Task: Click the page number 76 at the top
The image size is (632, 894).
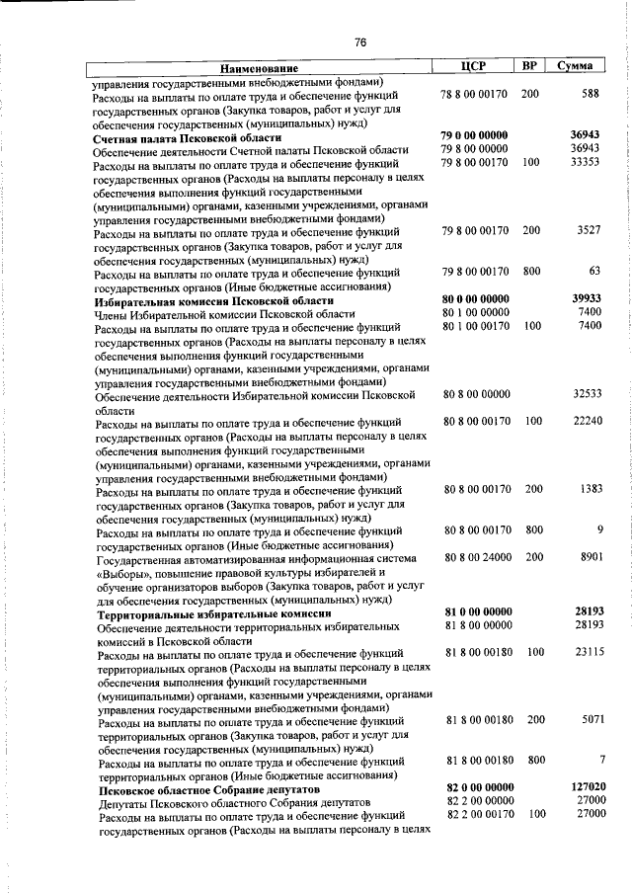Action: [360, 41]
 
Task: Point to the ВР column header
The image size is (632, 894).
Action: [530, 65]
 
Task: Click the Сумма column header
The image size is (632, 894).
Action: [575, 65]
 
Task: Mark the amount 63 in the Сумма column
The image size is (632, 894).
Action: [593, 271]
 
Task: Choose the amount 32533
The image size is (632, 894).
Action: [585, 393]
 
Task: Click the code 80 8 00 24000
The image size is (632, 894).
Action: [478, 557]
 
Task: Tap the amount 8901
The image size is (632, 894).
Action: [587, 557]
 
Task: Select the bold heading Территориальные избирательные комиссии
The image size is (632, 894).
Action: [211, 612]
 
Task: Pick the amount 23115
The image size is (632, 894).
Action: [585, 653]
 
